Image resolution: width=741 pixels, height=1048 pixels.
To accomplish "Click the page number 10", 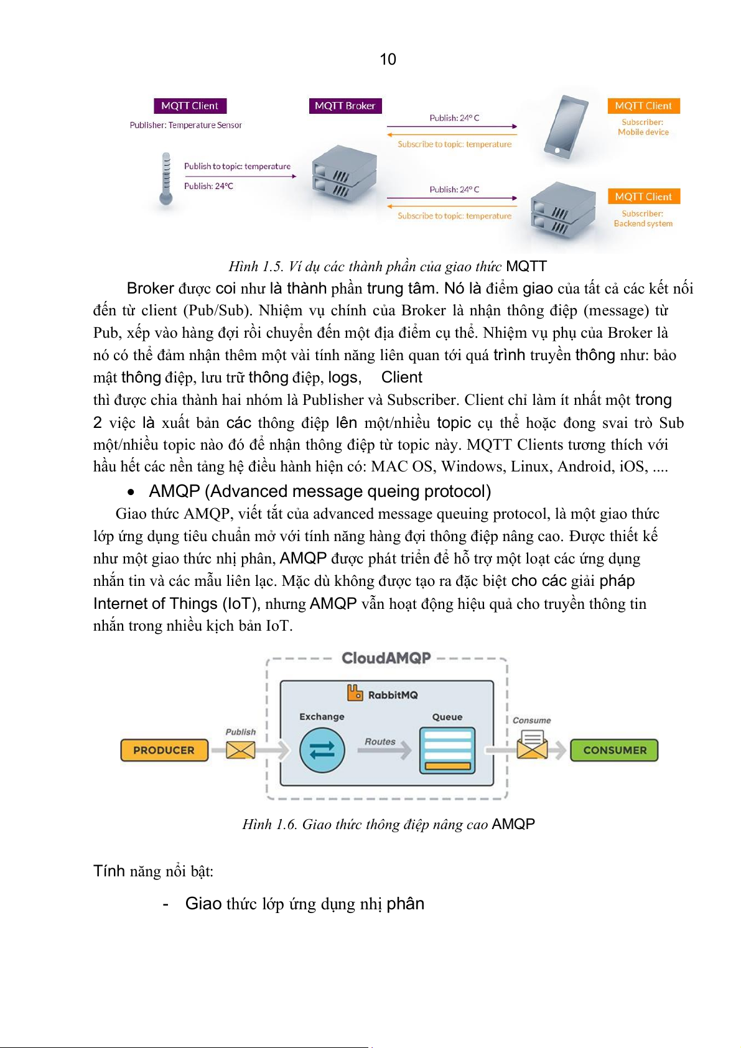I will point(388,59).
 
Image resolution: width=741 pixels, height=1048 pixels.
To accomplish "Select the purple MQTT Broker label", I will point(345,106).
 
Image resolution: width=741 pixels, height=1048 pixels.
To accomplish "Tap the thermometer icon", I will point(166,179).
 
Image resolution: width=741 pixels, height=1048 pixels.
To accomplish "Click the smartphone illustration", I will point(565,127).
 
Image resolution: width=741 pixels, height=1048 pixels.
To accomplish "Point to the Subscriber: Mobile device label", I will point(643,127).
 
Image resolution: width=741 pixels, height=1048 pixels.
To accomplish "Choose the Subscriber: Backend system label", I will point(643,218).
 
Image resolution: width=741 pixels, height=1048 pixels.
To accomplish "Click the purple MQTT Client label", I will point(190,106).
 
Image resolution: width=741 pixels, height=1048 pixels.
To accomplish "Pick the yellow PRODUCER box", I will point(164,750).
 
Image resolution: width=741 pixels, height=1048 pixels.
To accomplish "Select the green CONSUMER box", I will point(614,750).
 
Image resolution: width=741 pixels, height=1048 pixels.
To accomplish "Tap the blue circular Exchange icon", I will point(322,750).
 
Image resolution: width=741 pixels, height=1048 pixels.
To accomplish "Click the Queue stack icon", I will point(447,750).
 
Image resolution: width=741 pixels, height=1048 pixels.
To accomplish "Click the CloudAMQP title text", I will point(386,658).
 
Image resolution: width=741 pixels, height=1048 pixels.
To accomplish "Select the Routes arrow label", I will point(380,741).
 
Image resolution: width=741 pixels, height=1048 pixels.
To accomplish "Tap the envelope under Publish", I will point(240,750).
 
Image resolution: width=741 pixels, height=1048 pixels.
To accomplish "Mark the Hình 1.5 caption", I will point(387,267).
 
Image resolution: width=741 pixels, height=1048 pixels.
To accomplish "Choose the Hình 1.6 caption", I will point(388,824).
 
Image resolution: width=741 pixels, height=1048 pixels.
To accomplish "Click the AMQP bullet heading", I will point(320,491).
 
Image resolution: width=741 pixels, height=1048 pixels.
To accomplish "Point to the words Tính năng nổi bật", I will point(153,871).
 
